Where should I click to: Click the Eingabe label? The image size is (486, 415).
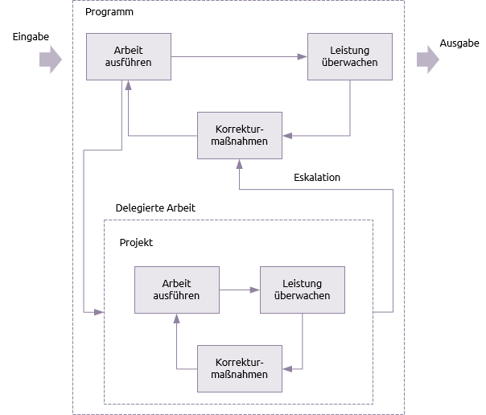point(31,37)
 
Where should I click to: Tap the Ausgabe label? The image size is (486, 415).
point(459,43)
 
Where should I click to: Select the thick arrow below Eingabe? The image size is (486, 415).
point(51,60)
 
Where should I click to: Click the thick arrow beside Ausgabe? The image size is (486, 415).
point(428,60)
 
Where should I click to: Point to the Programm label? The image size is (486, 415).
point(109,12)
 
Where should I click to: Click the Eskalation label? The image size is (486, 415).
point(317,178)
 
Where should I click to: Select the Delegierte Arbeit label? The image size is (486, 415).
point(155,207)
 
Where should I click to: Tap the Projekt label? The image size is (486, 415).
point(136,243)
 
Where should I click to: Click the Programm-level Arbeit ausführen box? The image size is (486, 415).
point(129,56)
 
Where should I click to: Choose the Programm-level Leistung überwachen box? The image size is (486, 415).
point(350,56)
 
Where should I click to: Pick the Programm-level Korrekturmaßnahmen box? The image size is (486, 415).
point(240,135)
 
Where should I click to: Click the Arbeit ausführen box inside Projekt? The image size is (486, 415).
point(177,290)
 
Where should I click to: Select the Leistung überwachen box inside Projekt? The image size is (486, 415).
point(303,290)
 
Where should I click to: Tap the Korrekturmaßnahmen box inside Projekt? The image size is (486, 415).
point(240,368)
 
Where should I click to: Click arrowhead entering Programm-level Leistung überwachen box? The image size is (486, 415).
point(303,56)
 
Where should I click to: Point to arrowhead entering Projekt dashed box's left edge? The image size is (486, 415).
point(99,312)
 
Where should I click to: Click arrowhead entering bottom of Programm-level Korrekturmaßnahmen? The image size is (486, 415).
point(239,164)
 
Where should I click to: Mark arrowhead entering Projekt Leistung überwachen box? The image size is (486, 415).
point(255,290)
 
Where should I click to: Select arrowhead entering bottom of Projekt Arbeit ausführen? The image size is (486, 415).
point(177,318)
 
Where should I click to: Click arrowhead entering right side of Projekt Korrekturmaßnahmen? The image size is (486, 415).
point(287,369)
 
